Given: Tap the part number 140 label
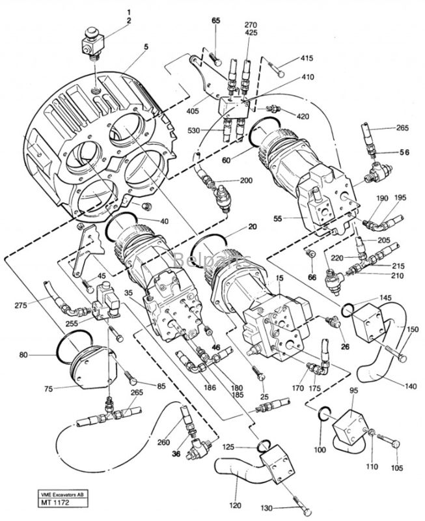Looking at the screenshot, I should pyautogui.click(x=411, y=386).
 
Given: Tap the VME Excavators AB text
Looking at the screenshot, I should pyautogui.click(x=62, y=496).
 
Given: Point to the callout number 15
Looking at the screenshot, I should pyautogui.click(x=279, y=277).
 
